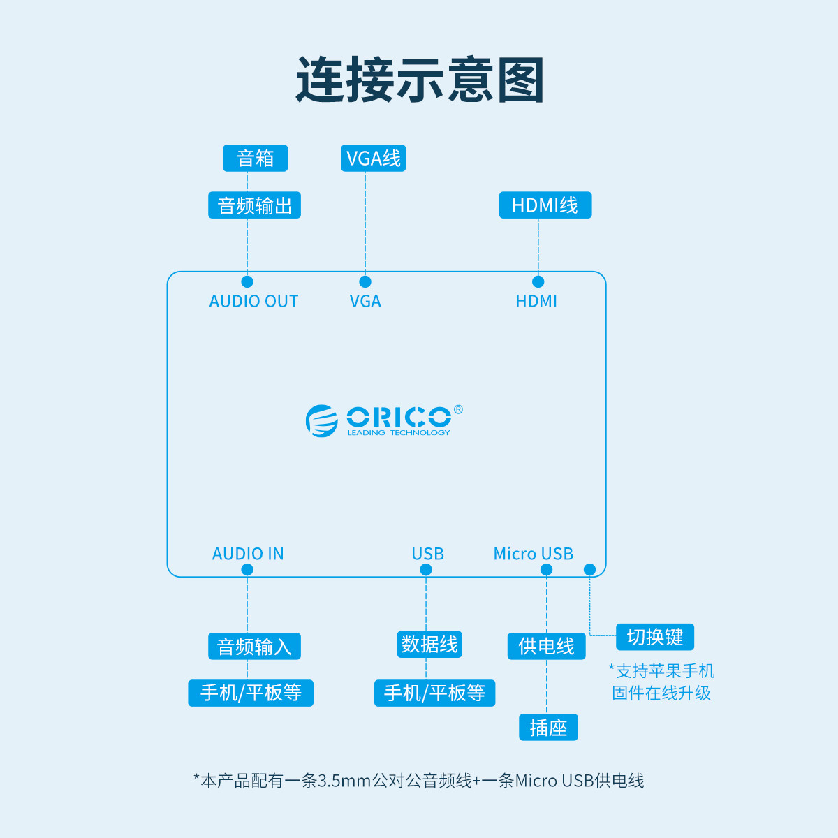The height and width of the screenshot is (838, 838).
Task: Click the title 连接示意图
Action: (419, 80)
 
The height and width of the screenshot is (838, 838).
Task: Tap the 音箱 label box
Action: (255, 159)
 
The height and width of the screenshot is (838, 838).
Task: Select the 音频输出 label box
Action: (254, 205)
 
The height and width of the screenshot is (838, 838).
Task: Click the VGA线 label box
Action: (373, 159)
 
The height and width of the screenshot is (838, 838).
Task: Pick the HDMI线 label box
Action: (545, 205)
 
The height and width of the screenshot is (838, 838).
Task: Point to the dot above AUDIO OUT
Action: (247, 281)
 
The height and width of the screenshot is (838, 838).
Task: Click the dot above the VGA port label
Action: (365, 281)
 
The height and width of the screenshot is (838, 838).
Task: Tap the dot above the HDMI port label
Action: (538, 281)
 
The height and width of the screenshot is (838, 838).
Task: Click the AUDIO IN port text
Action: (248, 554)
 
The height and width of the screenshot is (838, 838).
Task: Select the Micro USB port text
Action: (533, 554)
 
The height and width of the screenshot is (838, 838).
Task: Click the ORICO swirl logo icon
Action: (321, 420)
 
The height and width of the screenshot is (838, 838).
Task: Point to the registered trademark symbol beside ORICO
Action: (458, 409)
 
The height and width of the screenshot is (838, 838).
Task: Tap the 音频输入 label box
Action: (254, 647)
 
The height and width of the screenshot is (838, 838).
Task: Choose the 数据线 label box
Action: (429, 644)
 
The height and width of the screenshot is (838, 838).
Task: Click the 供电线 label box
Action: (546, 647)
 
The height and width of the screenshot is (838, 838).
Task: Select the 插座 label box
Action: (548, 728)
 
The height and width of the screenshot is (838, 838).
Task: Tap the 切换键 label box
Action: (655, 637)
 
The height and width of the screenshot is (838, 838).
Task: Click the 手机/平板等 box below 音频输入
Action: (251, 693)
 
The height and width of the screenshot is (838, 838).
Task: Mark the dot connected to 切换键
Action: (589, 570)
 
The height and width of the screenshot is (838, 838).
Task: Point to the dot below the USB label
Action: (426, 570)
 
